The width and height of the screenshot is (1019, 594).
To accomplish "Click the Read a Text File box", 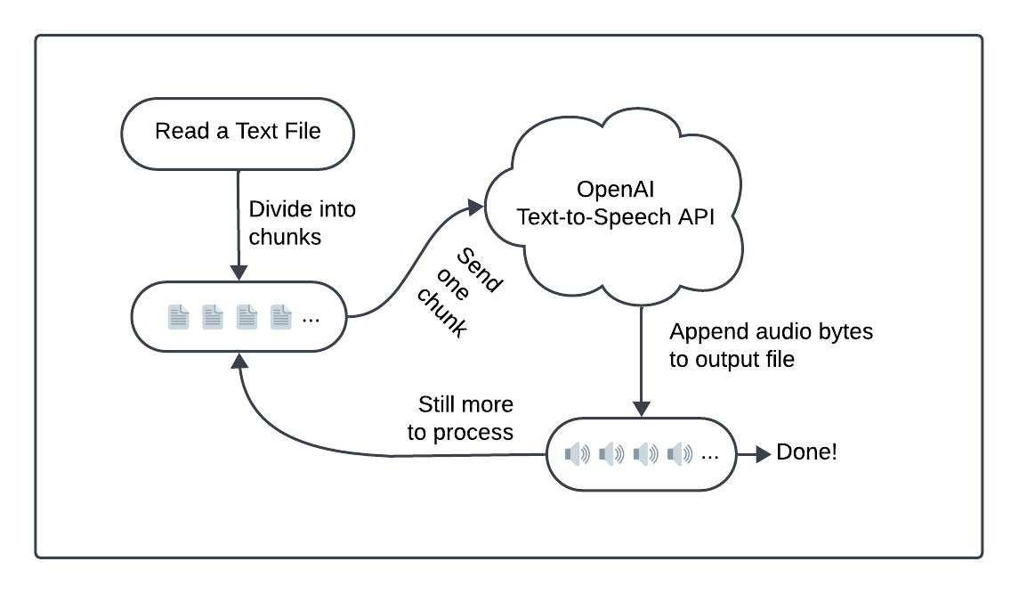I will [x=238, y=133].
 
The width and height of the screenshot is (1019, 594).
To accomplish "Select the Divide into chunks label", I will [x=302, y=224].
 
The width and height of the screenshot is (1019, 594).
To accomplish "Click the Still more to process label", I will [x=461, y=419].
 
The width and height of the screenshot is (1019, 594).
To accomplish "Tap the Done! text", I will [x=806, y=452].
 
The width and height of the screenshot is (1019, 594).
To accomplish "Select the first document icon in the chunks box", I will [x=179, y=316].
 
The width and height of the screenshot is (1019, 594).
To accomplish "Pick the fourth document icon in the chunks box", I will [x=281, y=316].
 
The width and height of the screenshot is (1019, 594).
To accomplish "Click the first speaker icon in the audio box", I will [x=578, y=454].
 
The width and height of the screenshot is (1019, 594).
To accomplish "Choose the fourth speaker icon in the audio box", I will [x=679, y=454].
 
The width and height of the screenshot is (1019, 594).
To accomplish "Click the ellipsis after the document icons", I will [x=311, y=318].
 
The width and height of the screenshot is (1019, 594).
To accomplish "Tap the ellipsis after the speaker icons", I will [x=709, y=455].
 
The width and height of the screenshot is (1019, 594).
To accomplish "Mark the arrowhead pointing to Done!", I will [x=763, y=454].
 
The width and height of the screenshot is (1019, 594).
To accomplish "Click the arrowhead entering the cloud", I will [x=475, y=207].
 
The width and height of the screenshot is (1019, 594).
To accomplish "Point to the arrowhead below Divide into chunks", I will [x=238, y=272].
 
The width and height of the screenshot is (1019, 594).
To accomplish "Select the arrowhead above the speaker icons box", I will [x=641, y=409].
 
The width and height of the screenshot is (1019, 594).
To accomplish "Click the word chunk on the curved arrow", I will [x=441, y=313].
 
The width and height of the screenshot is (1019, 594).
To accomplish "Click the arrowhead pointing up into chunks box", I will [x=238, y=359].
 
